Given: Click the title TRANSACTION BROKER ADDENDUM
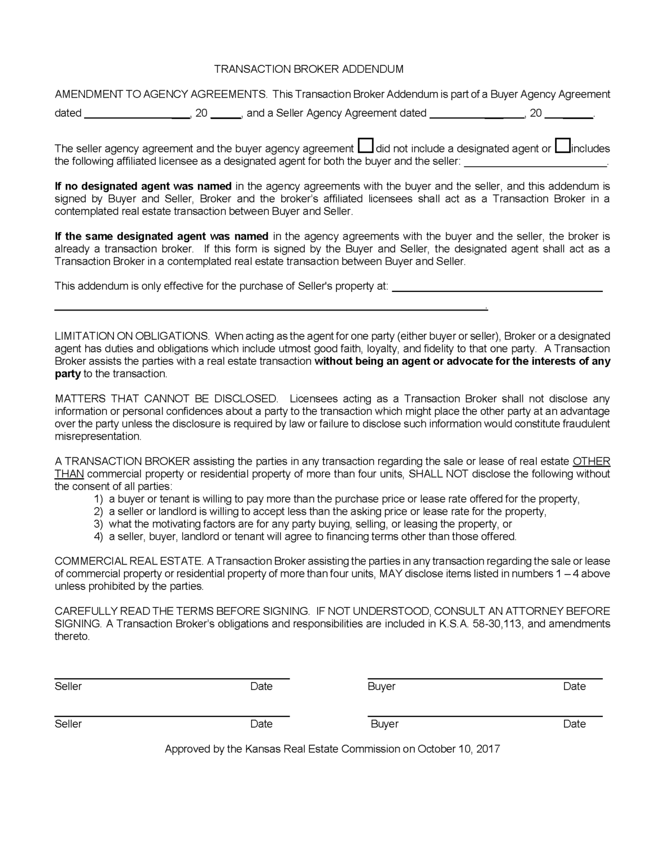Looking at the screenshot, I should coord(309,69).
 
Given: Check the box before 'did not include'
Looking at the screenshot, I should coord(365,146).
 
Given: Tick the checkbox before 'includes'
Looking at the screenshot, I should coord(562,146).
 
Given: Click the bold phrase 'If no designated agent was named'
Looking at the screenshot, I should coord(143,186).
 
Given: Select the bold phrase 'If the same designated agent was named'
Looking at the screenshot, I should coord(161,237).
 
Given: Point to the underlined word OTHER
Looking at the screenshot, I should coord(591,461).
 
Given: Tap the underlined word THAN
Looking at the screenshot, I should coord(69,474).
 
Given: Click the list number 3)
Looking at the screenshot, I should coord(99,524).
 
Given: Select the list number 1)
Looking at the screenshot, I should coord(99,499).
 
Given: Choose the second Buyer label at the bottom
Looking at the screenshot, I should coord(384,724).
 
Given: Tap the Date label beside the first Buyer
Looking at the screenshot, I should coord(574,686).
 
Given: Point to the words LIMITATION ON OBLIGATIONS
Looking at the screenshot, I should coord(132,336).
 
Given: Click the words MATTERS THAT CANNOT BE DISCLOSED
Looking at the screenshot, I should coord(166,399).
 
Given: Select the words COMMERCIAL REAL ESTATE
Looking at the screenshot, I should coord(128,561).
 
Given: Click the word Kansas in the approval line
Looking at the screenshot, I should coord(263,749).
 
